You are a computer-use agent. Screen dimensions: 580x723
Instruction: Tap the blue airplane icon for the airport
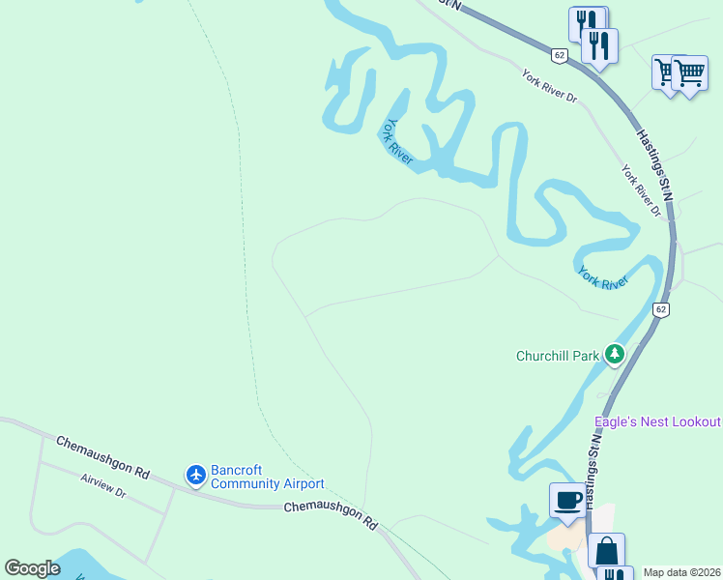click(196, 475)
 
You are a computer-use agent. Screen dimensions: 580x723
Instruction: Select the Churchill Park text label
click(558, 356)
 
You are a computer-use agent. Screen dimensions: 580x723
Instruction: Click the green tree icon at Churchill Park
click(614, 355)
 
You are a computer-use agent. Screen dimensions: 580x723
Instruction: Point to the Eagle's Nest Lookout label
click(657, 421)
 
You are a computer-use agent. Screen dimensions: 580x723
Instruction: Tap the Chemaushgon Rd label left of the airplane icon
click(102, 457)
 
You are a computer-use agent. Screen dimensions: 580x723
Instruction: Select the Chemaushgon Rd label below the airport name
click(331, 514)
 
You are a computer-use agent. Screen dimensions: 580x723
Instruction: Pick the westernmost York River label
click(399, 142)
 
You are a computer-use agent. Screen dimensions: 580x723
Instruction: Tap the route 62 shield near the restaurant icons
click(560, 55)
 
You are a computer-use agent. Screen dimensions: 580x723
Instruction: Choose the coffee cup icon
click(567, 501)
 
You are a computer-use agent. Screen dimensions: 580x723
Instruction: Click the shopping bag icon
click(606, 551)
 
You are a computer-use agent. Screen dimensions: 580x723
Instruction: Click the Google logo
click(32, 568)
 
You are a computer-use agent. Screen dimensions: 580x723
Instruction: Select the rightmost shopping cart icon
click(689, 72)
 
